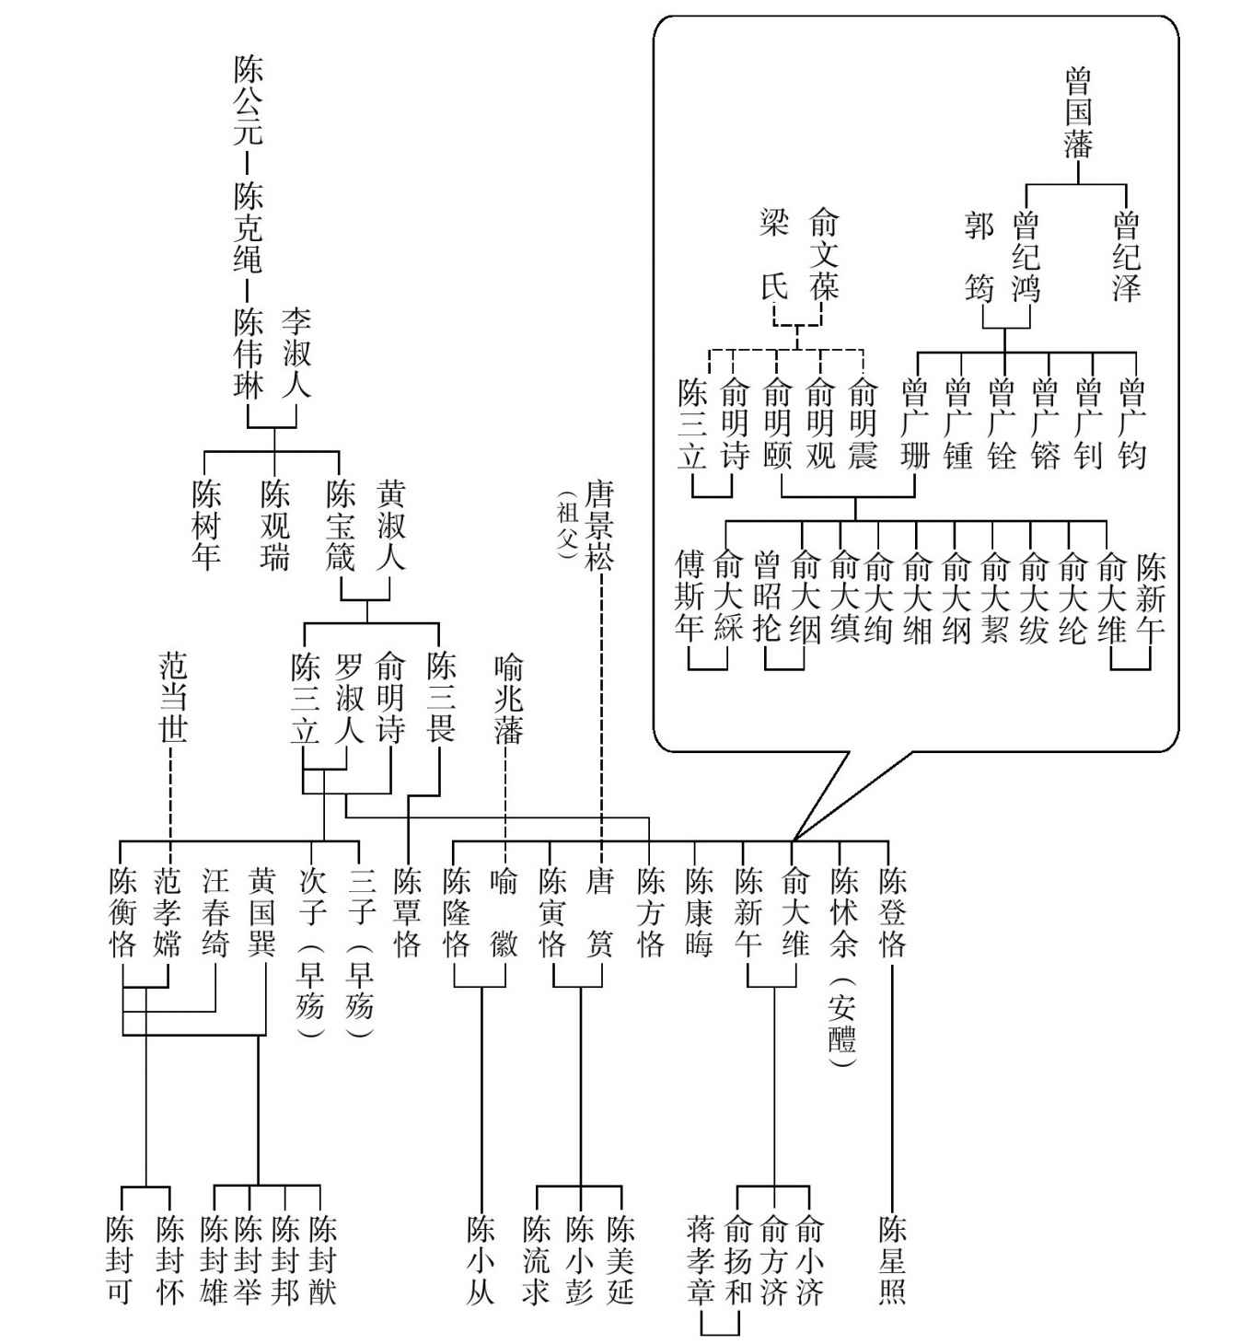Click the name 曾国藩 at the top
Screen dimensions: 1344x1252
click(x=1078, y=113)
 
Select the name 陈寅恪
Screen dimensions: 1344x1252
click(x=552, y=912)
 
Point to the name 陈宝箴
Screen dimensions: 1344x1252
click(x=341, y=526)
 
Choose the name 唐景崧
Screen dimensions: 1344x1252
click(x=599, y=526)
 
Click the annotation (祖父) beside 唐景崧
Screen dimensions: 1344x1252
click(x=566, y=526)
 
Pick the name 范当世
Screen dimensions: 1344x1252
click(x=173, y=699)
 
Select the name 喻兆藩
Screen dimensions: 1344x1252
click(x=508, y=699)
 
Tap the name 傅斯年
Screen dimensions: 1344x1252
click(x=690, y=596)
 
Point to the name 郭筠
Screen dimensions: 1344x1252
click(x=979, y=258)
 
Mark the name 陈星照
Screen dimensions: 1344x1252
click(x=892, y=1260)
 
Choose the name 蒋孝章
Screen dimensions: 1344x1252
click(x=701, y=1260)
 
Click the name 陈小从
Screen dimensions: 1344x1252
click(x=481, y=1260)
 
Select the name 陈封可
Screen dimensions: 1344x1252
click(x=120, y=1260)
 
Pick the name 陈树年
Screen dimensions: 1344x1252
click(x=206, y=526)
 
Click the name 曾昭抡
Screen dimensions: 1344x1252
click(x=767, y=596)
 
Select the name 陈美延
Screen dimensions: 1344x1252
click(x=620, y=1260)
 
